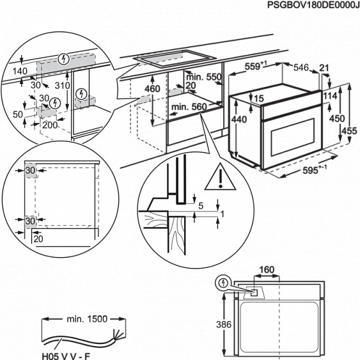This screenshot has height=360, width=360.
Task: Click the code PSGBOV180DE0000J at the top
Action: click(x=313, y=5)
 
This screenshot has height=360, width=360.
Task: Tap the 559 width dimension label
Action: click(x=256, y=66)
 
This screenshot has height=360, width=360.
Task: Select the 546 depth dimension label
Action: click(x=301, y=68)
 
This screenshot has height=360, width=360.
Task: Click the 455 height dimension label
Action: click(x=349, y=131)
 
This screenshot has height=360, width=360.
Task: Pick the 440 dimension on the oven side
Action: click(x=239, y=120)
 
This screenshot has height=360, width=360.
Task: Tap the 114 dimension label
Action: click(x=330, y=96)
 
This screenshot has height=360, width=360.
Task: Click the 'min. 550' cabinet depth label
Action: click(x=204, y=77)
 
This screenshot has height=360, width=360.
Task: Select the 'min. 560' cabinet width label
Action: click(x=189, y=107)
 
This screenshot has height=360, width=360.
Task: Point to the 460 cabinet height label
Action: click(x=152, y=89)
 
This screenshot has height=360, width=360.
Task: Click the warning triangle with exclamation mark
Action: click(x=221, y=176)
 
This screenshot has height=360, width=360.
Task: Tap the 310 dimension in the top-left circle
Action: click(x=63, y=86)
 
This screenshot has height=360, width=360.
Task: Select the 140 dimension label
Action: click(x=20, y=71)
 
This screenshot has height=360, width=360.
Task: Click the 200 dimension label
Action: click(x=50, y=125)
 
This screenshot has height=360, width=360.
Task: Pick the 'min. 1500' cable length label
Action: click(x=87, y=319)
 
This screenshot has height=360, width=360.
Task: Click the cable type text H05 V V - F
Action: click(x=66, y=356)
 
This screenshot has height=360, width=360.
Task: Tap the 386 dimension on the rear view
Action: click(x=224, y=324)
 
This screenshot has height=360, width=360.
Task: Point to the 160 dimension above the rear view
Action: click(x=267, y=270)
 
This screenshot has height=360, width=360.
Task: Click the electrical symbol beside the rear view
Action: click(x=223, y=283)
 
